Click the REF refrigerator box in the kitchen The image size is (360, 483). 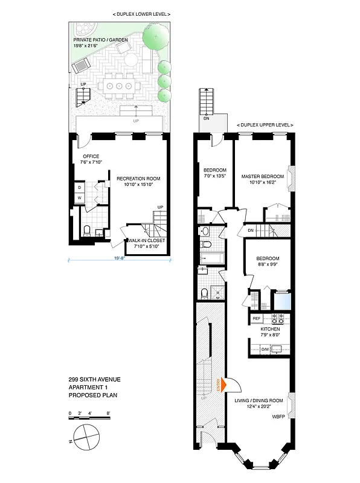(256, 318)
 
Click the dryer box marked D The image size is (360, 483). (79, 187)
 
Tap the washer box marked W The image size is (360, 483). (79, 198)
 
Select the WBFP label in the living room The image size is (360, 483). (278, 417)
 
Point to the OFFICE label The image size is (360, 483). (91, 156)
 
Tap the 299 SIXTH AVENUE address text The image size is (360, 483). (94, 379)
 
